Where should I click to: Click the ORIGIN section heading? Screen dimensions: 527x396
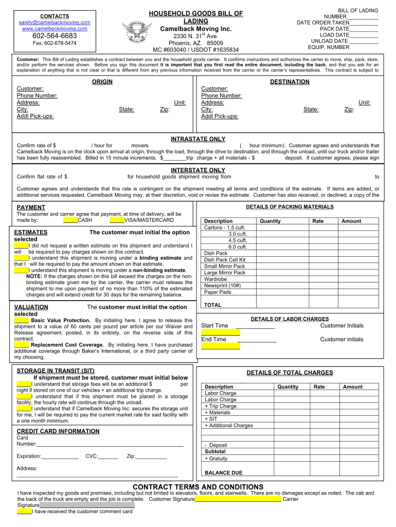(x=102, y=82)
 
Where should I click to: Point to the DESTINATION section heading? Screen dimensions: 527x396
(x=290, y=82)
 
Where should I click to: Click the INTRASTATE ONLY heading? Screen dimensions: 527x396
(x=198, y=139)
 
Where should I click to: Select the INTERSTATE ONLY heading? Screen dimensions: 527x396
(x=198, y=170)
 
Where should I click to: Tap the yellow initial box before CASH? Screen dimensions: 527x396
(x=70, y=220)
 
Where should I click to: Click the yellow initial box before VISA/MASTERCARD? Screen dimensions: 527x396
(x=117, y=220)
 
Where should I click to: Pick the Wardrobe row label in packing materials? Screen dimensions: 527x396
(x=215, y=279)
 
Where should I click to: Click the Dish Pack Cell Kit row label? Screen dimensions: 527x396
(x=225, y=260)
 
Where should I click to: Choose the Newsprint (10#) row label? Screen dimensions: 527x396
(x=222, y=286)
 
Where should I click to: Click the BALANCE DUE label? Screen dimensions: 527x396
(x=223, y=473)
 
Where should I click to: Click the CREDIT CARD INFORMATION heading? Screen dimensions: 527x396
(x=58, y=431)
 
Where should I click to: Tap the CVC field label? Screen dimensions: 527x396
(x=92, y=456)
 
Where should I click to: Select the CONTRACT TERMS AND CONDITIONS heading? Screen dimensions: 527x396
(x=198, y=487)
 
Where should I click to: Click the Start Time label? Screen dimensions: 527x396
(x=214, y=326)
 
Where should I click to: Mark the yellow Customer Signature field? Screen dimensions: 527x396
(x=238, y=499)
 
